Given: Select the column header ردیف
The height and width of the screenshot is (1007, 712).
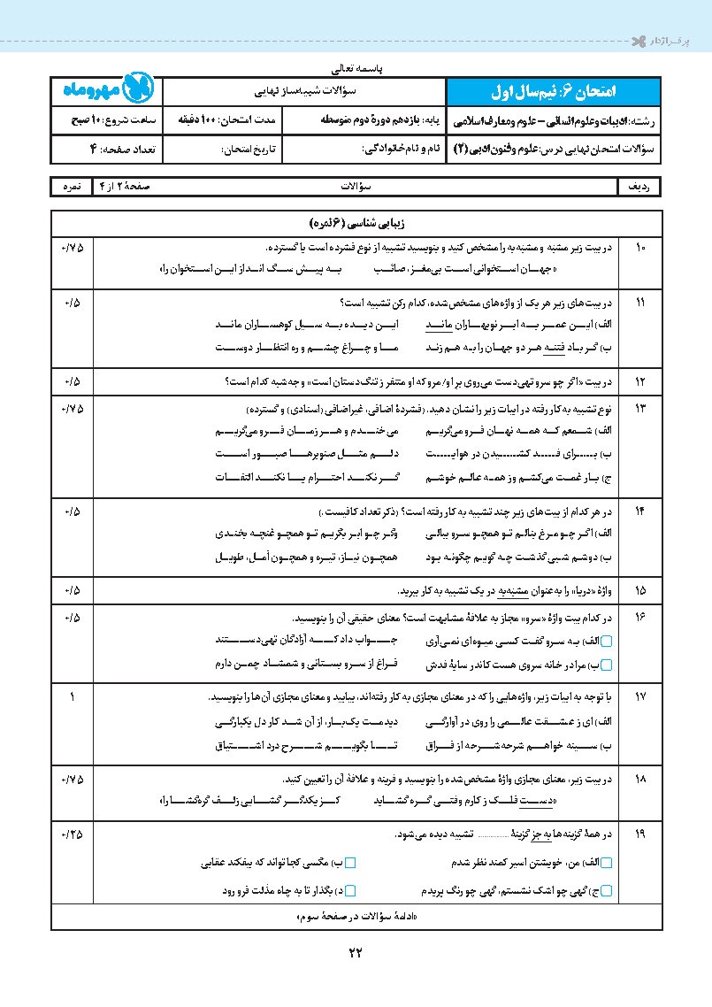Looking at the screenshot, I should tap(639, 187).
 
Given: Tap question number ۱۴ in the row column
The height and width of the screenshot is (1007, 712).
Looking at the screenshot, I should tap(639, 512).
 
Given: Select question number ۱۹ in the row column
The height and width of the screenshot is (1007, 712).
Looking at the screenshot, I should tap(639, 834).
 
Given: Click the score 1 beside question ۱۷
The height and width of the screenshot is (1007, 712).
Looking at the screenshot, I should tap(71, 696).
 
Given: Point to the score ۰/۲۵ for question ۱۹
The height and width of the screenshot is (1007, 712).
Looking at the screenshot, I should tap(71, 834).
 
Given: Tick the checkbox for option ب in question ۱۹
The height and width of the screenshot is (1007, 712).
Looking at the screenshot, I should tap(350, 862).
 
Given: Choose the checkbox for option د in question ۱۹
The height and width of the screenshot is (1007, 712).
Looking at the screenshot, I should tap(350, 889).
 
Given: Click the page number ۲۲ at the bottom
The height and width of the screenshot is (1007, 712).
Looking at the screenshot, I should tap(356, 952).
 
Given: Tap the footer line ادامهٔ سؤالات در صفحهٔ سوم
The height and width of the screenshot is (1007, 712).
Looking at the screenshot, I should tap(356, 917).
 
